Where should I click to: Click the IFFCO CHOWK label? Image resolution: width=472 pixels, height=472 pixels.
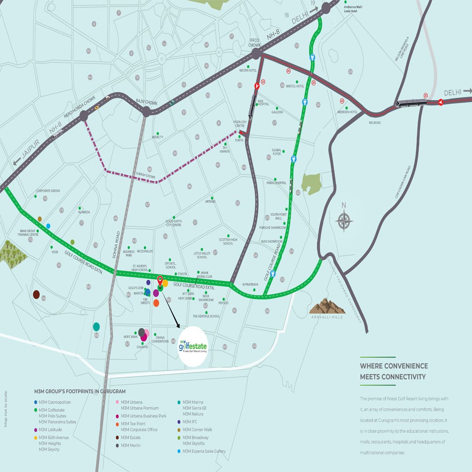(x=254, y=42)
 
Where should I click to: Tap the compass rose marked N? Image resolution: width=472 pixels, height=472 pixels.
(x=344, y=219)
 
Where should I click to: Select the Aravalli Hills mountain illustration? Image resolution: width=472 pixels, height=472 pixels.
(x=327, y=306)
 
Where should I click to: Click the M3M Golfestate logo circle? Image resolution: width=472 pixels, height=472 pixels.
(x=193, y=347)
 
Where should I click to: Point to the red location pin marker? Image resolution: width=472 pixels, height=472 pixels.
(x=160, y=281)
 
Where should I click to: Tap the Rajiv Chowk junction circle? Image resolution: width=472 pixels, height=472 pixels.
(x=146, y=112)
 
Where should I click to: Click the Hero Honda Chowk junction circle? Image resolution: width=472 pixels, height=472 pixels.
(x=83, y=116)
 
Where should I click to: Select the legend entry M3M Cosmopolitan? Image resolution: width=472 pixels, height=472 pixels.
(x=55, y=402)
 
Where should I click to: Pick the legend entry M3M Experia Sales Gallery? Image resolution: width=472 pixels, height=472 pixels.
(x=204, y=451)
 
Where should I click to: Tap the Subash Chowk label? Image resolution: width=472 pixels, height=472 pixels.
(x=146, y=176)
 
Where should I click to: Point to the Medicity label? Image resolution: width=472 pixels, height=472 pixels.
(x=157, y=137)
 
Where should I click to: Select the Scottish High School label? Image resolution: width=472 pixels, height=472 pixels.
(x=228, y=241)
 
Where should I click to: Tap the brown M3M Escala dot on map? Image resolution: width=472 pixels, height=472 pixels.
(x=36, y=295)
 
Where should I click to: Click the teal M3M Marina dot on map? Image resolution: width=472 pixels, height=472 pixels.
(x=97, y=326)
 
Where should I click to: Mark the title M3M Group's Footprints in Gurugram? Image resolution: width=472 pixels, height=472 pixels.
(x=80, y=391)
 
